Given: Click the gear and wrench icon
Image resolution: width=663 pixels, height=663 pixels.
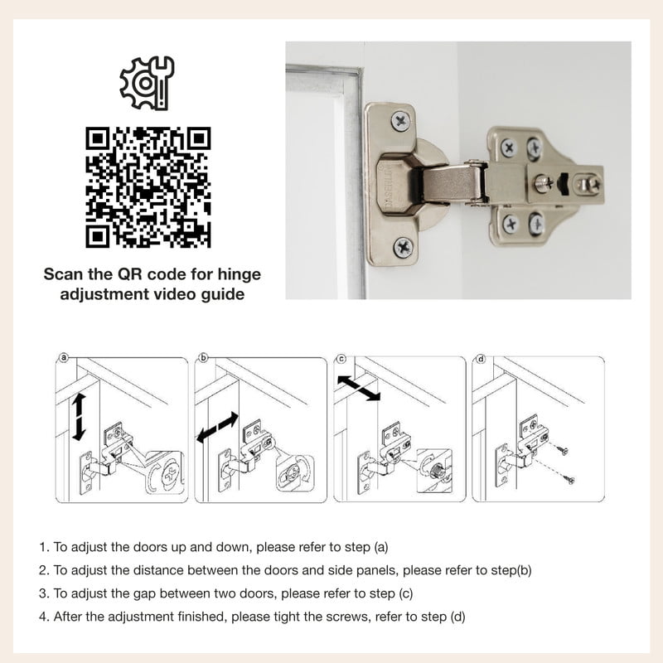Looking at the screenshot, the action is [x=147, y=83].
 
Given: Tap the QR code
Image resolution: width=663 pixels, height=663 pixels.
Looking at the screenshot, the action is [x=148, y=187].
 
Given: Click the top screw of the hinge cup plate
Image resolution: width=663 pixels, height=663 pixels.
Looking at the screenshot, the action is [x=400, y=121].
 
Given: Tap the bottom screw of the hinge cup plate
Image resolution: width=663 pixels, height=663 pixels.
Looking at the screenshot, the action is [x=404, y=247].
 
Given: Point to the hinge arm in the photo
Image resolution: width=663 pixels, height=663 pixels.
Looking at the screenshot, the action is [x=450, y=184].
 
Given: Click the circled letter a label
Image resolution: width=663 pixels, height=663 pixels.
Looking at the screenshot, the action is [x=64, y=358].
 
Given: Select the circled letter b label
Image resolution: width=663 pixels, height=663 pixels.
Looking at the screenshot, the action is [x=203, y=358].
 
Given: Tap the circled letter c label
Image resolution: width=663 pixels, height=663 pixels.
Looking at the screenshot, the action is [x=341, y=359].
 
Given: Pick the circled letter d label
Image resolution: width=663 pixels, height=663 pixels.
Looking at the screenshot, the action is [x=481, y=359].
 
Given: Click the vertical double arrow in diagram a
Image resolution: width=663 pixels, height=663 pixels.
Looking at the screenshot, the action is [x=79, y=417].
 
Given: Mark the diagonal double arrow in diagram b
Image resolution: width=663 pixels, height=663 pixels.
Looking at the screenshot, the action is [x=217, y=428].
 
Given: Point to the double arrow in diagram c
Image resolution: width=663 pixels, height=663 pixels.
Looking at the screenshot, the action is [x=359, y=388].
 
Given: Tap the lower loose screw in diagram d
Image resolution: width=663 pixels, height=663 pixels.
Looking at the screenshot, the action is [x=569, y=479].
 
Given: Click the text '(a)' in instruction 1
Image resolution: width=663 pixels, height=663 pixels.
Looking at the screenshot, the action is [x=380, y=547].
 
